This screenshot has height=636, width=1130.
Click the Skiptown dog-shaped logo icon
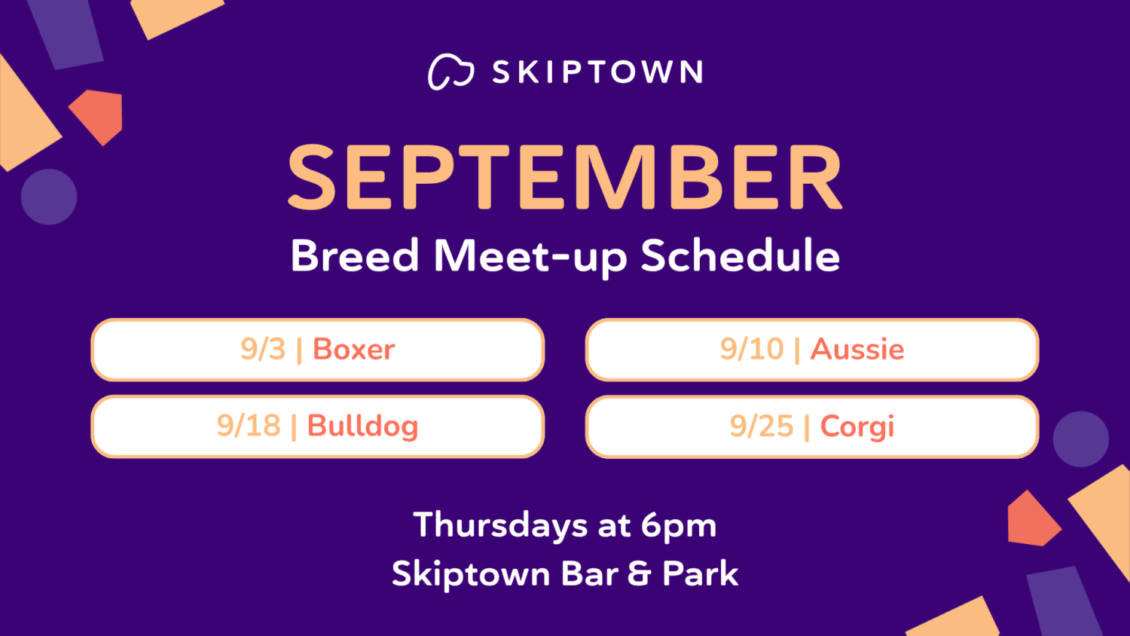point(451,72)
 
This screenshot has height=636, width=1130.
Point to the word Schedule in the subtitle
point(741,255)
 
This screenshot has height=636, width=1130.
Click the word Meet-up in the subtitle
point(530,258)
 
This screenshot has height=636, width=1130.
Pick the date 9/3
point(263,350)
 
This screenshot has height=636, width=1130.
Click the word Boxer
point(353,350)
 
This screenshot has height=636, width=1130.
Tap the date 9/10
point(752,350)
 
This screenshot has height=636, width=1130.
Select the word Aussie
point(857,350)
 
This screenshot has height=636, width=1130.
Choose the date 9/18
point(249,426)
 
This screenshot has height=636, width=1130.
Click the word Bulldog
point(362,427)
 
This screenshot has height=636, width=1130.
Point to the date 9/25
point(762,427)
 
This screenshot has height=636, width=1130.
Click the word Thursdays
point(500,526)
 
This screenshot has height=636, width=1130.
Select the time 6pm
point(679,527)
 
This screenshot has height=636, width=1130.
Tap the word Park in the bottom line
point(700,574)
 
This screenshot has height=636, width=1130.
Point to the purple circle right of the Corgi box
point(1080,439)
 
